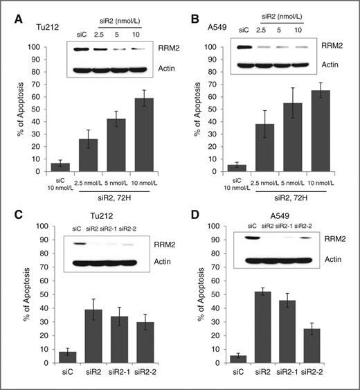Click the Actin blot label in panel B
(338, 66)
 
